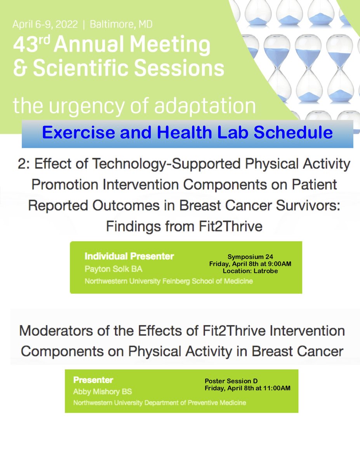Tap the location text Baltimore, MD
click(121, 24)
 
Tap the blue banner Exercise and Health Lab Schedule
click(187, 132)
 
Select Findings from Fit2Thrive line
click(184, 226)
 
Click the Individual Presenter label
click(129, 256)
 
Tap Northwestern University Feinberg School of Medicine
click(169, 281)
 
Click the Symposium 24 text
click(250, 257)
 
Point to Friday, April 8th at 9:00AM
click(250, 264)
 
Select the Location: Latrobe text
click(250, 271)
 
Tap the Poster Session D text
click(231, 381)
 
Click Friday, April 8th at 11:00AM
click(247, 388)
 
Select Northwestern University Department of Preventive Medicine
click(160, 403)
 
